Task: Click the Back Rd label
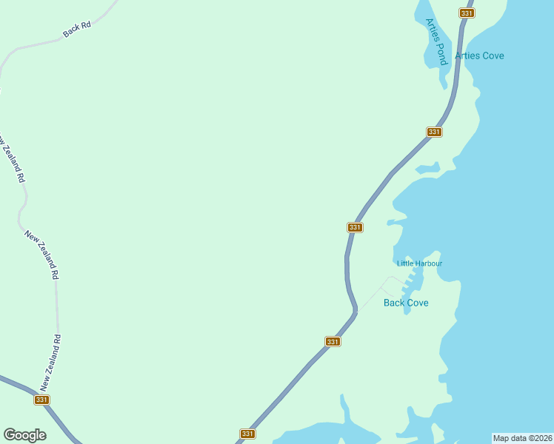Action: (77, 30)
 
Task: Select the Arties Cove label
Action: (479, 55)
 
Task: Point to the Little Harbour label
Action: (419, 263)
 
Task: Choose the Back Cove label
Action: (406, 303)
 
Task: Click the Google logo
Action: (24, 435)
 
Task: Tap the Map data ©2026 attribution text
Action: (523, 437)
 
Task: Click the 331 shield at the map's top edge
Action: (467, 13)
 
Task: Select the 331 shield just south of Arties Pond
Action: (434, 132)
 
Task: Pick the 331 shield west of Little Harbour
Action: (355, 227)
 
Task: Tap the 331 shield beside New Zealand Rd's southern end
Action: (41, 400)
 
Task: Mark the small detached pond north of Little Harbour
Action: (428, 169)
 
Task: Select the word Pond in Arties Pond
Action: (441, 53)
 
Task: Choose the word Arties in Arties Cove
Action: (467, 55)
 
